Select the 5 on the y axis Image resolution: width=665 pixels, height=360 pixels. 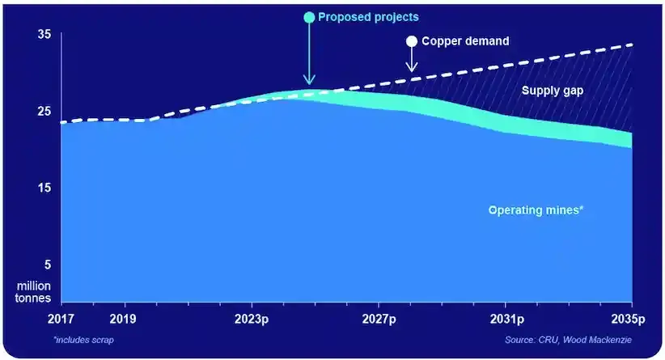click(x=47, y=265)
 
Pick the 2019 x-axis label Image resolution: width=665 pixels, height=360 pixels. click(x=123, y=318)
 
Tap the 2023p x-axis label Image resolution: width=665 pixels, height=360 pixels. click(x=252, y=318)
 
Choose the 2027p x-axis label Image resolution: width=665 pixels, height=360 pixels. click(x=379, y=318)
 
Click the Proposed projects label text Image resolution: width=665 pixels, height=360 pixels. click(x=368, y=17)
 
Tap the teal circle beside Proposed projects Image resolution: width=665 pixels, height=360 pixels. click(x=309, y=17)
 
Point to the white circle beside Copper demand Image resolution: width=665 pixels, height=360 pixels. click(x=412, y=41)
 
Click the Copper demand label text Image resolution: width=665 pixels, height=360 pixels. click(x=467, y=41)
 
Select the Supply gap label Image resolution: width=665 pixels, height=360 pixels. click(x=552, y=91)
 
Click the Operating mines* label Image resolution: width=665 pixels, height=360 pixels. click(x=536, y=210)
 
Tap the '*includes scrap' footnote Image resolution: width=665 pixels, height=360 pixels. click(x=84, y=339)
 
